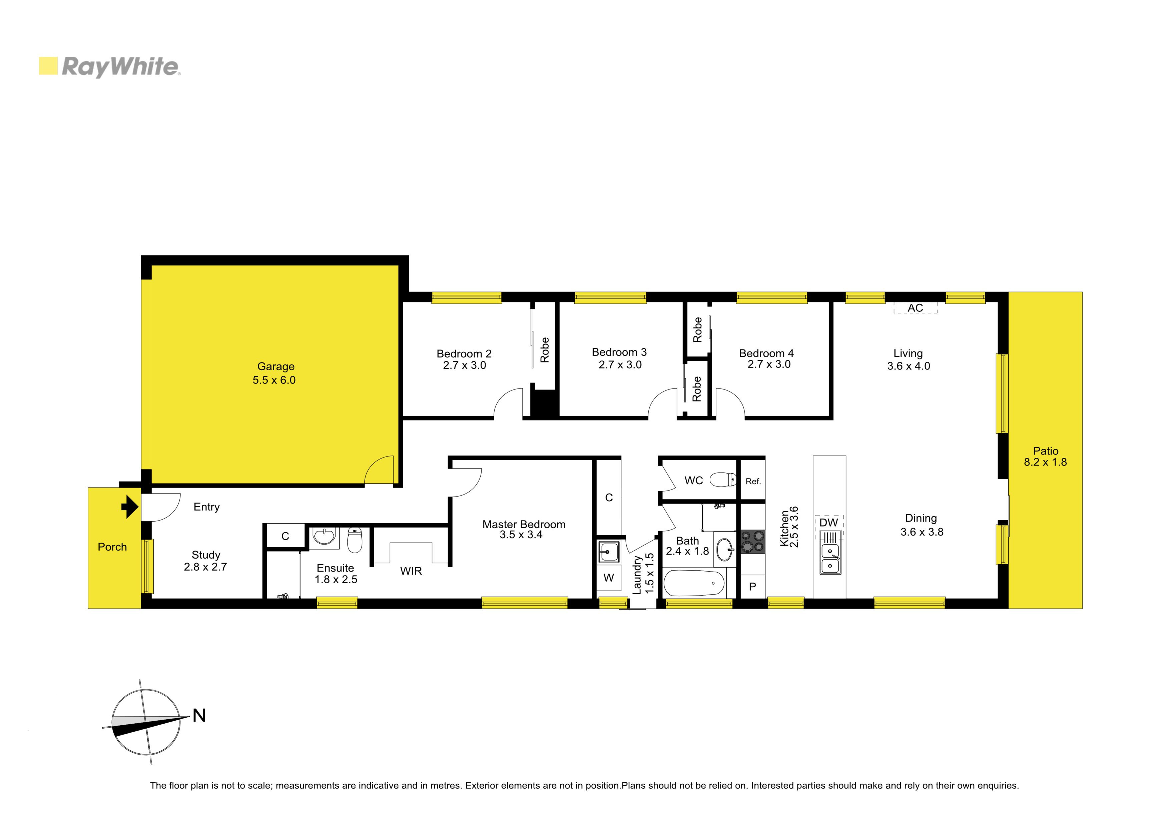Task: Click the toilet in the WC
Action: (723, 480)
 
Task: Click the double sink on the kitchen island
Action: (830, 559)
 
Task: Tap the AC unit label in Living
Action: (915, 308)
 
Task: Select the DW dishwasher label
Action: (828, 523)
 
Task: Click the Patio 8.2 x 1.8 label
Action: (1045, 457)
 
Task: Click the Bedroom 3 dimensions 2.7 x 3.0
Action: (620, 365)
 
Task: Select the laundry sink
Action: (608, 551)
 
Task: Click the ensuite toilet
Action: (355, 540)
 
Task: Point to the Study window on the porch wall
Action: (147, 566)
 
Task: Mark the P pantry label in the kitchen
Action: (752, 587)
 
